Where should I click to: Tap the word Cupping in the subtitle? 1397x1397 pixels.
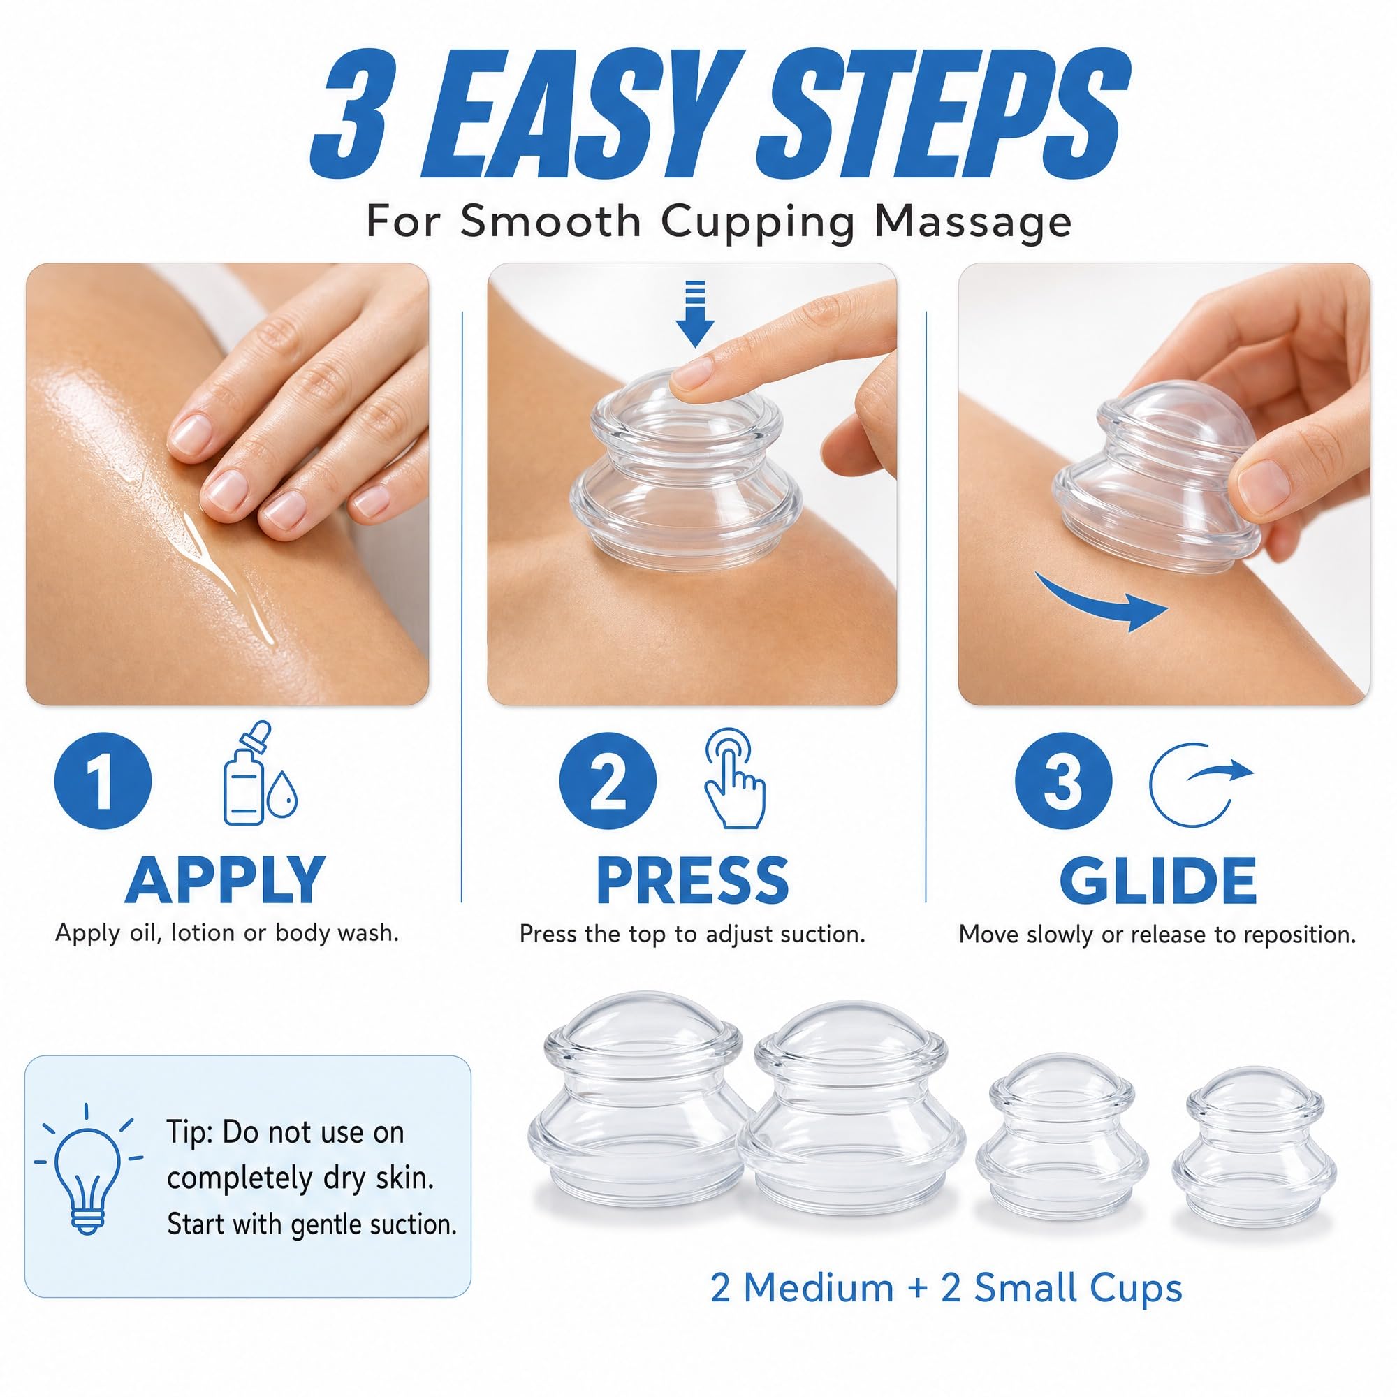point(759,222)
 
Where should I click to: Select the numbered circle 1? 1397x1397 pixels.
point(103,781)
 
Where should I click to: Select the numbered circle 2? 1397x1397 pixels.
point(608,781)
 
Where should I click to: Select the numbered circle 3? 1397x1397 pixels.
point(1063,781)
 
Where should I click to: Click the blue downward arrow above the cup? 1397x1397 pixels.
point(694,313)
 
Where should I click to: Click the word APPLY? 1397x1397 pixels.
point(225,880)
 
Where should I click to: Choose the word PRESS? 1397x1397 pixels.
point(692,880)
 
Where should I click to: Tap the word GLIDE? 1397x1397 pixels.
point(1157,880)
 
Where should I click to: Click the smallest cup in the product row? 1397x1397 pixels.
point(1254,1149)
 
